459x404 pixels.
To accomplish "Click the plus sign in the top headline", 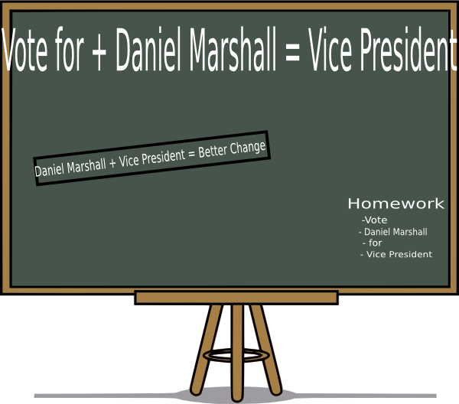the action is tap(99, 54).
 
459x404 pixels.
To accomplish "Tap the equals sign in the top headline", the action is tap(292, 55).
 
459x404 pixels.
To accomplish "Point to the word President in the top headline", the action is tap(408, 49).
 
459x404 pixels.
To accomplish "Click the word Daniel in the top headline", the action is tap(149, 49).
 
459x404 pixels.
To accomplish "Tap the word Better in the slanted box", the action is tap(213, 151).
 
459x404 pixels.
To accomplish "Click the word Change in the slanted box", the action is tap(248, 148).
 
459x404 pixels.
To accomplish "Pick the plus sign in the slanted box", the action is tap(112, 164).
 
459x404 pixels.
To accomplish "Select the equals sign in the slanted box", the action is tap(192, 155).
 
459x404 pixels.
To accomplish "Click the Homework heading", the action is tap(396, 204).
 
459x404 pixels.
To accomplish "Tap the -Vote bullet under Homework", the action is tap(374, 220).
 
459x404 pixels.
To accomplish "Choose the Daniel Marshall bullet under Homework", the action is tap(393, 232).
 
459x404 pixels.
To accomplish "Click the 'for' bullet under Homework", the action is tap(373, 243).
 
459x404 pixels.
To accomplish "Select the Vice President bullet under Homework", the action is tap(396, 254).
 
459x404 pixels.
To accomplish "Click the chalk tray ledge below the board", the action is tap(236, 298).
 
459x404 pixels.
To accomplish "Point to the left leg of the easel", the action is tap(207, 350).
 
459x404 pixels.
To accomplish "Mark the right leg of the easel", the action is tap(265, 350).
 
